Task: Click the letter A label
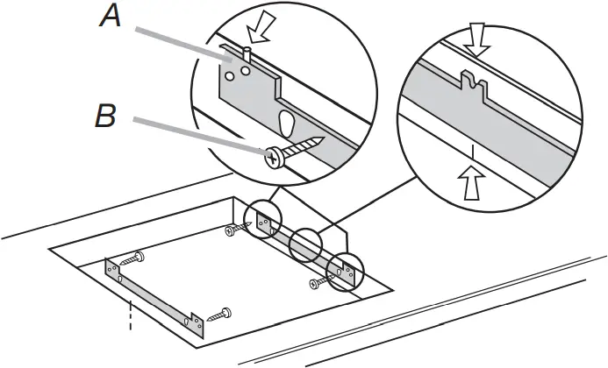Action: [110, 17]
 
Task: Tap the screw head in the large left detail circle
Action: [275, 158]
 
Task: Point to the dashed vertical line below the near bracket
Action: [130, 315]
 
